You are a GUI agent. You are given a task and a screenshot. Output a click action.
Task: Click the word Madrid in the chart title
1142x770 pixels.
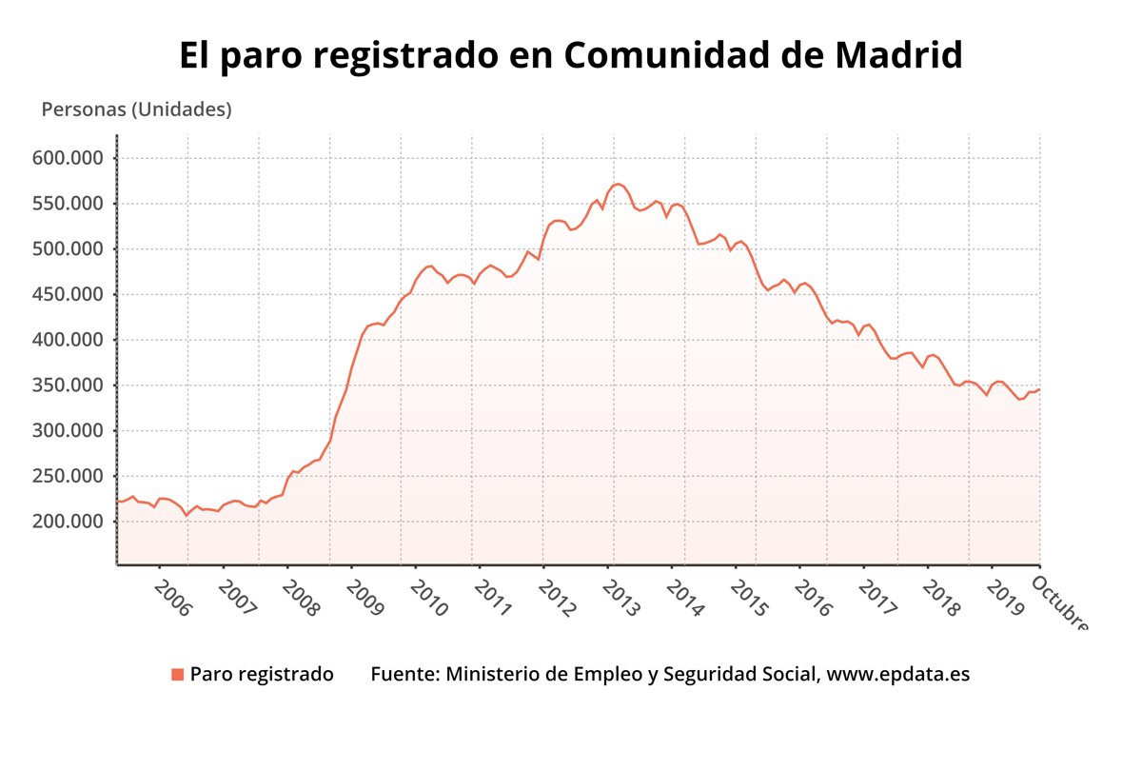pos(898,56)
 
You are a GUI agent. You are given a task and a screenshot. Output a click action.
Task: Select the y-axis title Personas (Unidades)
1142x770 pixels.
pos(136,109)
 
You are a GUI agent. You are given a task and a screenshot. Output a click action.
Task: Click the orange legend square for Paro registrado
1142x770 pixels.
pos(177,675)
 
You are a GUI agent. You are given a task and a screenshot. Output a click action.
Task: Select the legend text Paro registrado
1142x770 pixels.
pos(262,675)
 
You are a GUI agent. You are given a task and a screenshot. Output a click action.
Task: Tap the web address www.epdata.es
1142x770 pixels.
pos(898,675)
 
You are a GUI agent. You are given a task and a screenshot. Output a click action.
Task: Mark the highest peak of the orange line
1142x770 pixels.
pos(618,184)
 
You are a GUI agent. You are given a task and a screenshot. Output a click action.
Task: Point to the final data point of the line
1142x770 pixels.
pos(1039,388)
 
